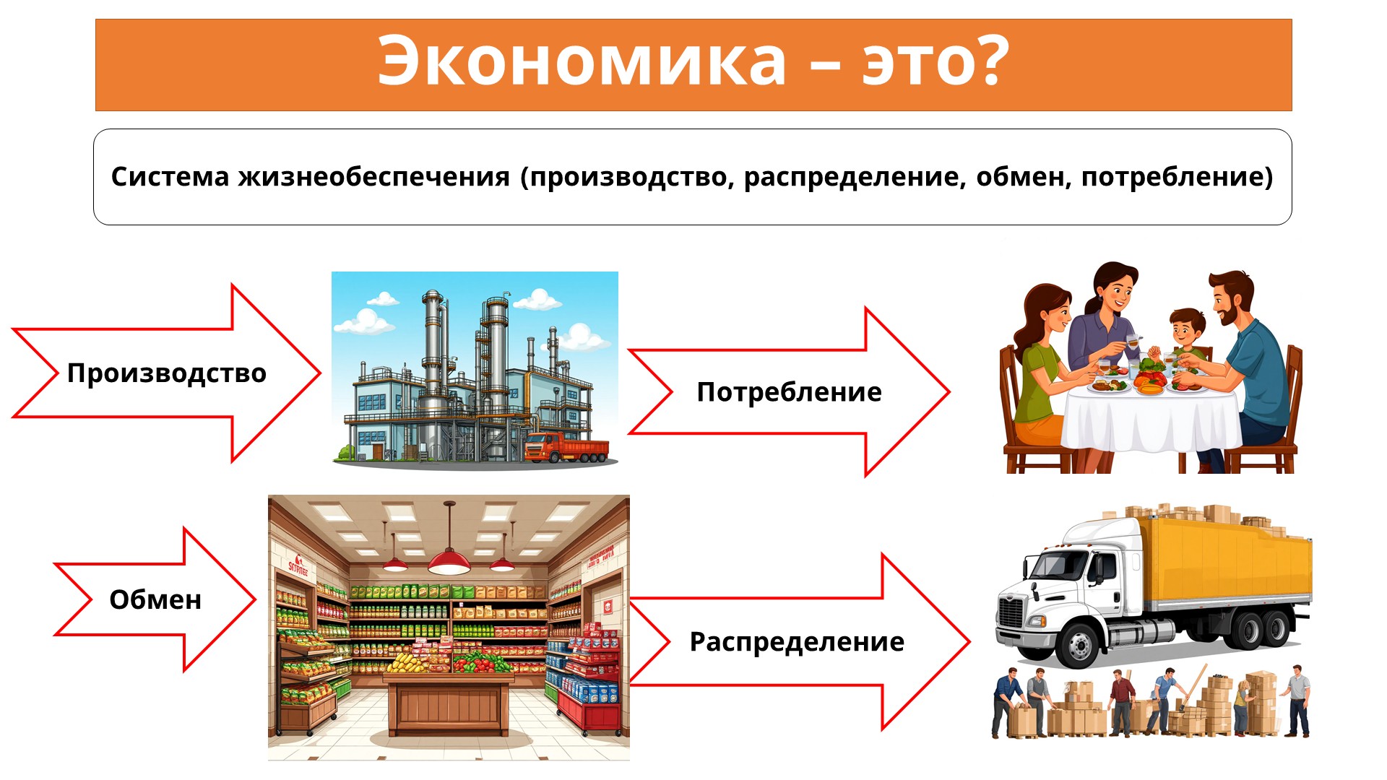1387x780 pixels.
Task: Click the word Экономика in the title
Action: (582, 61)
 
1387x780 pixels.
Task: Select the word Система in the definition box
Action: (170, 177)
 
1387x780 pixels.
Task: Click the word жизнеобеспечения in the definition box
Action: (374, 178)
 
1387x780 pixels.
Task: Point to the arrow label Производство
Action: (167, 373)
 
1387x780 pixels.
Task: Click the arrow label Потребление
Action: (789, 392)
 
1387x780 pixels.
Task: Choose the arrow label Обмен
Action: (155, 599)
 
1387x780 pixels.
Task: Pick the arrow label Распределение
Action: (797, 642)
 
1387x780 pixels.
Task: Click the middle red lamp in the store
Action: (449, 560)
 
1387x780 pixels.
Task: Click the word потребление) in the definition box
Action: (1177, 178)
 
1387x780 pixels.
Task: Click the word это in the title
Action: (909, 62)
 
